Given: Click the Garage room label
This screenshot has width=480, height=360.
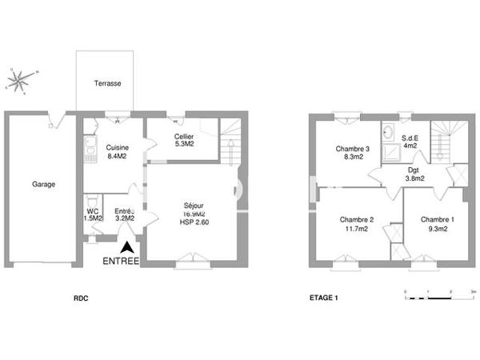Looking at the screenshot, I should (43, 185).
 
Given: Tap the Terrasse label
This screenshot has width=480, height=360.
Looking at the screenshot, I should (107, 84).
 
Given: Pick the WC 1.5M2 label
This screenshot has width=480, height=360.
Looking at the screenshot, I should (93, 214).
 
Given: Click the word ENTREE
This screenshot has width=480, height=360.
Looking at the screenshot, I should (121, 262).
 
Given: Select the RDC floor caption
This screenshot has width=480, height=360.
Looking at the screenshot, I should (80, 299).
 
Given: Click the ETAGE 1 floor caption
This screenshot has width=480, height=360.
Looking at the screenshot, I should (324, 299).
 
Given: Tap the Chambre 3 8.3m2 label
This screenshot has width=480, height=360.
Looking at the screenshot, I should (352, 154).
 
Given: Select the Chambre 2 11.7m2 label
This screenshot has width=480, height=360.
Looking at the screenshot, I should (357, 224).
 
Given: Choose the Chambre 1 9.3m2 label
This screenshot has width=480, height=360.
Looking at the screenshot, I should (437, 224).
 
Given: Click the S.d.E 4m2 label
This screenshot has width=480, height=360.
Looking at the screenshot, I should (410, 142).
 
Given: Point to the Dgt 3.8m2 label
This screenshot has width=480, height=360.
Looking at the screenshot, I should (414, 174).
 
